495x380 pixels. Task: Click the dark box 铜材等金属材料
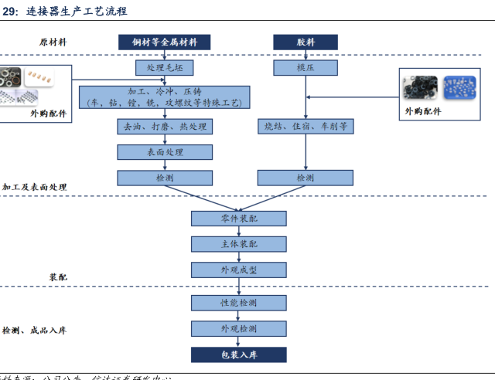tap(164, 42)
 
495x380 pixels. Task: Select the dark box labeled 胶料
tap(305, 42)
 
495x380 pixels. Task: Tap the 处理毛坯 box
tap(164, 68)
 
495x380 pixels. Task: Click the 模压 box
tap(305, 68)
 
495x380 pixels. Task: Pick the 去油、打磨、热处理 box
tap(164, 126)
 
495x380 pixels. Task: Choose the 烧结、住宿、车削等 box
tap(305, 126)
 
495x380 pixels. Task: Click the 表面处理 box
tap(164, 152)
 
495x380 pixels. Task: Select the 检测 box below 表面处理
tap(164, 178)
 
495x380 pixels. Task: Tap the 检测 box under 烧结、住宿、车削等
tap(305, 178)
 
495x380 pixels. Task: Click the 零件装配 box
tap(238, 219)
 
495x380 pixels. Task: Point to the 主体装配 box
tap(238, 244)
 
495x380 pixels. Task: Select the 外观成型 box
tap(238, 270)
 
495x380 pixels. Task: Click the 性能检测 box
tap(238, 303)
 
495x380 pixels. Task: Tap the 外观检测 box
tap(238, 329)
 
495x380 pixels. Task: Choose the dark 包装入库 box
tap(238, 355)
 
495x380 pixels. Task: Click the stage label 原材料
tap(53, 42)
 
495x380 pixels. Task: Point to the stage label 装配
tap(58, 277)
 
